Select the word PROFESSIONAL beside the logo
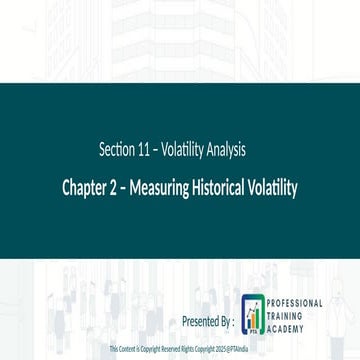[x=295, y=302]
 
